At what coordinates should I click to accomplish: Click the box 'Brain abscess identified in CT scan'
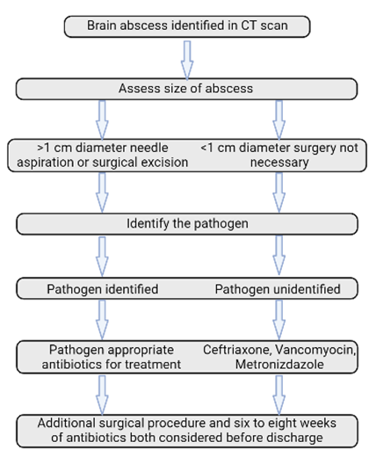pyautogui.click(x=187, y=26)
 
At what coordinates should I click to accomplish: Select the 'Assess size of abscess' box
pyautogui.click(x=187, y=89)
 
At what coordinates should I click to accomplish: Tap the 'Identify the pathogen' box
pyautogui.click(x=187, y=224)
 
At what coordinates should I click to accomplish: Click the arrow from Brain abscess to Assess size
pyautogui.click(x=187, y=60)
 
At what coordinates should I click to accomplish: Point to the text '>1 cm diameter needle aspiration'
pyautogui.click(x=103, y=155)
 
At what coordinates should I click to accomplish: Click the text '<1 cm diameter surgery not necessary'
pyautogui.click(x=279, y=155)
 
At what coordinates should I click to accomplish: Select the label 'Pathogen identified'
pyautogui.click(x=103, y=289)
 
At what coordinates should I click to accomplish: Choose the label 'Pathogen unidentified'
pyautogui.click(x=278, y=289)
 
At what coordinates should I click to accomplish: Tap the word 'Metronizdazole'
pyautogui.click(x=279, y=365)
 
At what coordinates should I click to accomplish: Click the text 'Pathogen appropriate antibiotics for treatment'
pyautogui.click(x=112, y=357)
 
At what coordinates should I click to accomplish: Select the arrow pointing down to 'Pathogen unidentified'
pyautogui.click(x=279, y=255)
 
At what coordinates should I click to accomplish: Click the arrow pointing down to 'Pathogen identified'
pyautogui.click(x=102, y=257)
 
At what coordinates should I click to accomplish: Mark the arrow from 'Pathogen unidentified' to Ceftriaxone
pyautogui.click(x=279, y=320)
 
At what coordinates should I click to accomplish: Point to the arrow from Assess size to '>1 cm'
pyautogui.click(x=102, y=120)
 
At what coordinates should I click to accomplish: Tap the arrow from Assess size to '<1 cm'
pyautogui.click(x=279, y=120)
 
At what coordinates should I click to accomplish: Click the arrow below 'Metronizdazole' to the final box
pyautogui.click(x=279, y=395)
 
